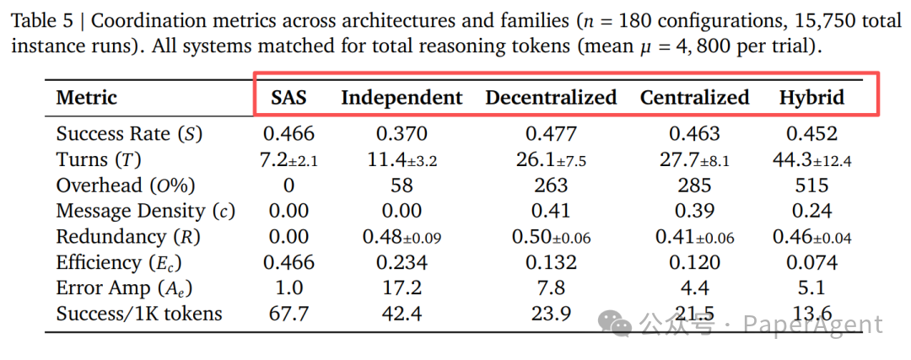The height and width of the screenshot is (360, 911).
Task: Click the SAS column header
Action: (x=288, y=98)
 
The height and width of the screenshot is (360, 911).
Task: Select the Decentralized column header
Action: (x=551, y=98)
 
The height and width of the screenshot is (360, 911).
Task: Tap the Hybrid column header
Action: (x=811, y=98)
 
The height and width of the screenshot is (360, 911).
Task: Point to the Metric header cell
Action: (x=87, y=98)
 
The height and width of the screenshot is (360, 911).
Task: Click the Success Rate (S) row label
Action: (x=129, y=133)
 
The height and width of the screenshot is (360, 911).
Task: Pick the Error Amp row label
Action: (x=124, y=288)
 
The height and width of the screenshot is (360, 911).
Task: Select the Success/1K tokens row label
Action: (x=139, y=314)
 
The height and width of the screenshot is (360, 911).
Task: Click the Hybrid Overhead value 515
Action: (x=811, y=185)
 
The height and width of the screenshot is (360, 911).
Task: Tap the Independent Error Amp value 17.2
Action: (x=402, y=288)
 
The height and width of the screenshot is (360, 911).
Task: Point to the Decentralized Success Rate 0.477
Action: (x=551, y=133)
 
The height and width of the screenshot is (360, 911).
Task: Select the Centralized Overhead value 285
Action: (x=694, y=185)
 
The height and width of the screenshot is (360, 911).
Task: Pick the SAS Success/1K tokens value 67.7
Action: (x=288, y=314)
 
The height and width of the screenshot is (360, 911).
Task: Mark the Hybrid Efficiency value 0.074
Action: (x=811, y=263)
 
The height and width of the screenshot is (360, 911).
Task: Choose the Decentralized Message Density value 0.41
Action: (x=551, y=211)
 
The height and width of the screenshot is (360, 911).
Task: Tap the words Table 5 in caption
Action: (x=41, y=19)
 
